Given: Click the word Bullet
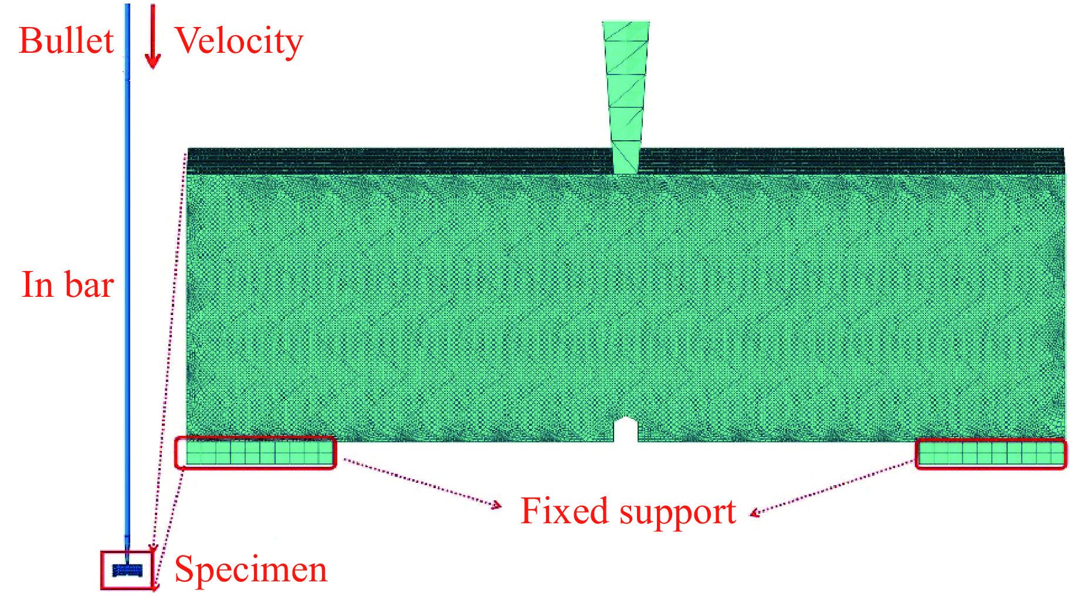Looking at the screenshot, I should click(66, 41).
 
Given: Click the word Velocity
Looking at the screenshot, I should click(239, 41).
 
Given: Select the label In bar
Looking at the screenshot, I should click(67, 285).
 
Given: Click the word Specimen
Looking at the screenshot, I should click(250, 570).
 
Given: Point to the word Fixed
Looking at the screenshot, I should click(564, 511).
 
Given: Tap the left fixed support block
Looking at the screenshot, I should click(256, 453).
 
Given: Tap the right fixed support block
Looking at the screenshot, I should click(991, 454).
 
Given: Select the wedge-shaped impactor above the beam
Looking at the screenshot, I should click(626, 88).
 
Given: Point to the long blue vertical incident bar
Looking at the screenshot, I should click(127, 293).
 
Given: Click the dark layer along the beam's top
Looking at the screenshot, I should click(411, 161).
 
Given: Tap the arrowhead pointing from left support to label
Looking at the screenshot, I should click(497, 504).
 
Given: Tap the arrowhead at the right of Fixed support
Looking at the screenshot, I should click(755, 514).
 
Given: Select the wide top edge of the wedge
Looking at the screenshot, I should click(626, 23).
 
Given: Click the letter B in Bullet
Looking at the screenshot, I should click(30, 41).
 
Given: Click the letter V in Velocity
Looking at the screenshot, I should click(188, 41).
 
